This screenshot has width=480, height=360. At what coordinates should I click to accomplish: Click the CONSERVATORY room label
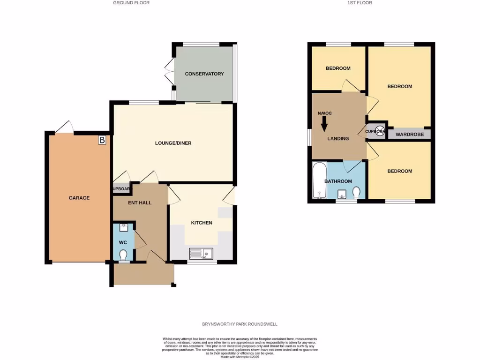[x=204, y=74]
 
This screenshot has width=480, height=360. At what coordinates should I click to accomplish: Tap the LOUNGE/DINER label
[x=173, y=143]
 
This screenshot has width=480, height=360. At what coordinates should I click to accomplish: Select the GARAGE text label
[x=79, y=198]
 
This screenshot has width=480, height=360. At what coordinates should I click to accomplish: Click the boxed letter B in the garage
[x=102, y=140]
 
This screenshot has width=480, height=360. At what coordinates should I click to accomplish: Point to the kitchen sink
[x=201, y=254]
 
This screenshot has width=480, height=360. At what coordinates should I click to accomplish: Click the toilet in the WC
[x=123, y=255]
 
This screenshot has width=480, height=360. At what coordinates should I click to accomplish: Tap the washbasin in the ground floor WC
[x=123, y=228]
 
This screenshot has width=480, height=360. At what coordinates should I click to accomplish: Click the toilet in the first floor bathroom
[x=357, y=193]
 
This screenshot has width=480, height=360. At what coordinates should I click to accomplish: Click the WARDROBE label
[x=409, y=135]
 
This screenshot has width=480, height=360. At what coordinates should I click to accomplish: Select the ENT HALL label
[x=140, y=202]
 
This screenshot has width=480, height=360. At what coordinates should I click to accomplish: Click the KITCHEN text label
[x=202, y=223]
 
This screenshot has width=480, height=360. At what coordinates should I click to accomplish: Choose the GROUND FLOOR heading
[x=131, y=3]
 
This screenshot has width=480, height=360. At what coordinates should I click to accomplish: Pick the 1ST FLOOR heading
[x=360, y=3]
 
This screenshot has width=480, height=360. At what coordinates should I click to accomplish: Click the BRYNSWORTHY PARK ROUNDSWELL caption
[x=240, y=324]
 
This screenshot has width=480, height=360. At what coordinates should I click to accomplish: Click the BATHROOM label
[x=338, y=181]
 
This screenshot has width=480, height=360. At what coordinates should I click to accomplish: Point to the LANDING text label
[x=338, y=138]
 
